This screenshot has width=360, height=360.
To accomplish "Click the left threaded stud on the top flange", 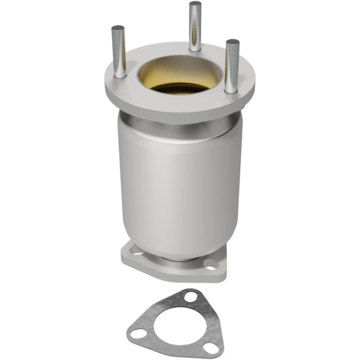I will point(118,50).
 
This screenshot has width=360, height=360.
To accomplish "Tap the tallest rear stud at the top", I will point(195,25).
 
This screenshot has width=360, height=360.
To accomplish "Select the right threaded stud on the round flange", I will point(232,65).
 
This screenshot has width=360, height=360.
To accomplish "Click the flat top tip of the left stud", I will point(118,28).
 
